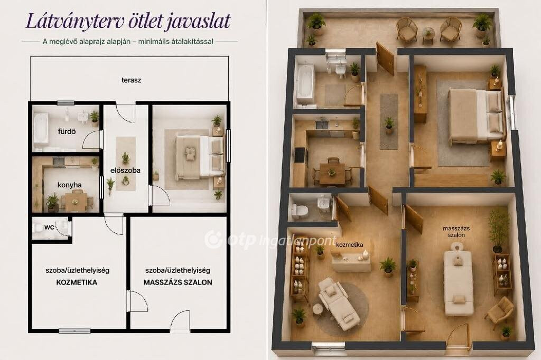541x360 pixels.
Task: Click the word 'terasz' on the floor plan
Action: [131, 80]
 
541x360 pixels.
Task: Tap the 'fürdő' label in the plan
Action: [67, 131]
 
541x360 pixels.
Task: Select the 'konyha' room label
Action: [70, 185]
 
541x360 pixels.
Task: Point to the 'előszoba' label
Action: [125, 170]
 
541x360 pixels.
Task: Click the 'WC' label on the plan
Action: [49, 227]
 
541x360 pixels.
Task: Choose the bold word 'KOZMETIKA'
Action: [77, 282]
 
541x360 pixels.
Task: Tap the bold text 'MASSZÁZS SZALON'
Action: [178, 282]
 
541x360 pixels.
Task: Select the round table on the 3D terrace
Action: [428, 34]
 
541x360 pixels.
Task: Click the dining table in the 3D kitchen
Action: [332, 173]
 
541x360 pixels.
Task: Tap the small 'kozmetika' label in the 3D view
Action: [350, 244]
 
